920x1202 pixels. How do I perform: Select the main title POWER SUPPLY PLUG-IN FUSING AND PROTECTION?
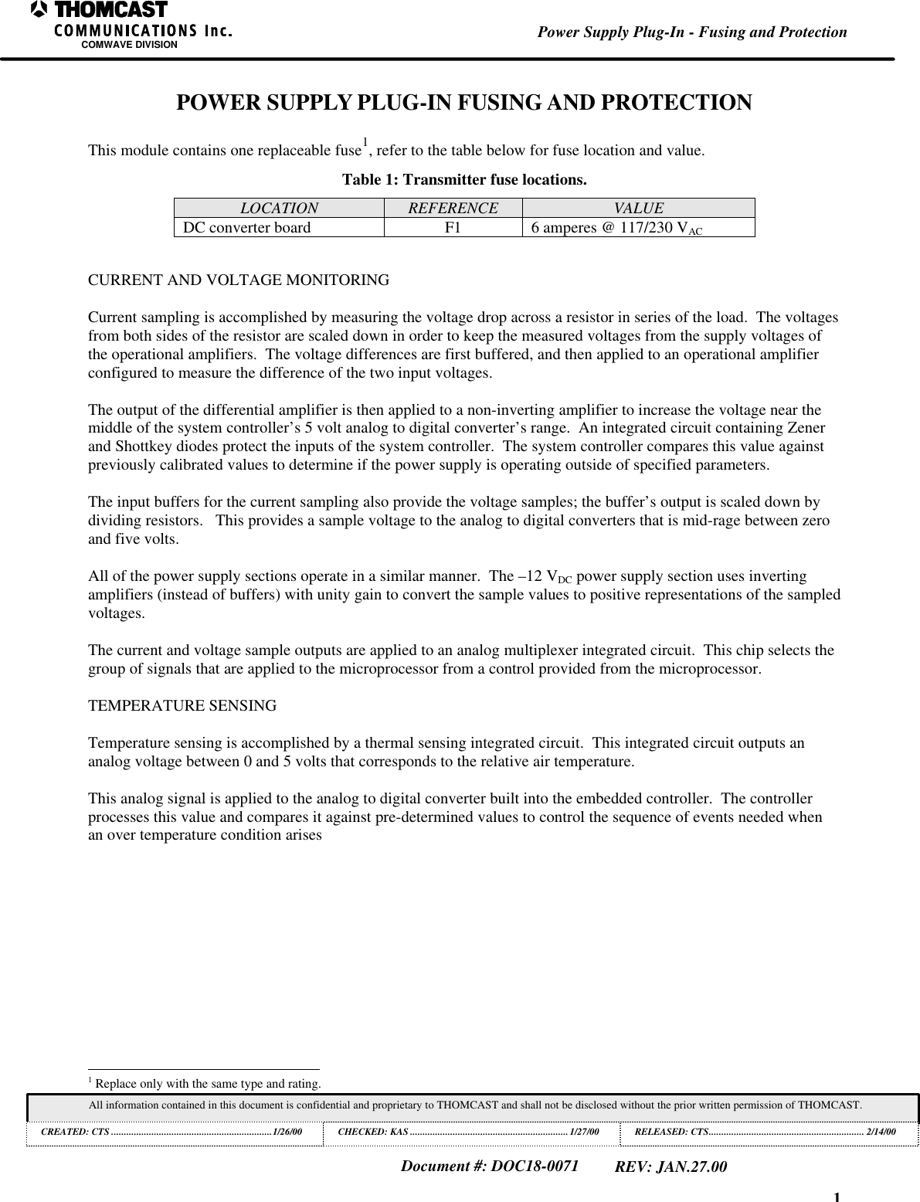point(463,103)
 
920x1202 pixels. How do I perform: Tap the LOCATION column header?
point(279,208)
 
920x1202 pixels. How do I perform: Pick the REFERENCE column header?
point(453,208)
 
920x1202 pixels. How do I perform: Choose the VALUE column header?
point(638,208)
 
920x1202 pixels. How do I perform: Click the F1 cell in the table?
point(453,227)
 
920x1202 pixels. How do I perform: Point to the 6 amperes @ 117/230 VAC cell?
point(616,228)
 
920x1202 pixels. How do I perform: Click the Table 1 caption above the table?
point(463,180)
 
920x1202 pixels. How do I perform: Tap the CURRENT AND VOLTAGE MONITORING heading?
point(239,280)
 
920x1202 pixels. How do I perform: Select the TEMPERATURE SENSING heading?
point(182,706)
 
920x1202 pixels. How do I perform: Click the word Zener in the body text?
point(804,428)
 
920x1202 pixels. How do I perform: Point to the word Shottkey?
point(143,447)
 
